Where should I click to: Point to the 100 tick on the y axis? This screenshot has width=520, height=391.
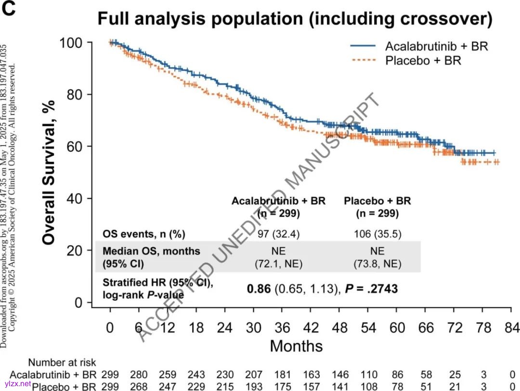coord(72,42)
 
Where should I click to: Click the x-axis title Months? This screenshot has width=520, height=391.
coord(296,346)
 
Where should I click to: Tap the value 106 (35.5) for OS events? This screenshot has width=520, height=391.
coord(377,234)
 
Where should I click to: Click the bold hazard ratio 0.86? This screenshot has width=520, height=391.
coord(259,289)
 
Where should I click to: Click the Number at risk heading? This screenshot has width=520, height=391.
coord(62,363)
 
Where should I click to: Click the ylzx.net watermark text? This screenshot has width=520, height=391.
coord(16,384)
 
